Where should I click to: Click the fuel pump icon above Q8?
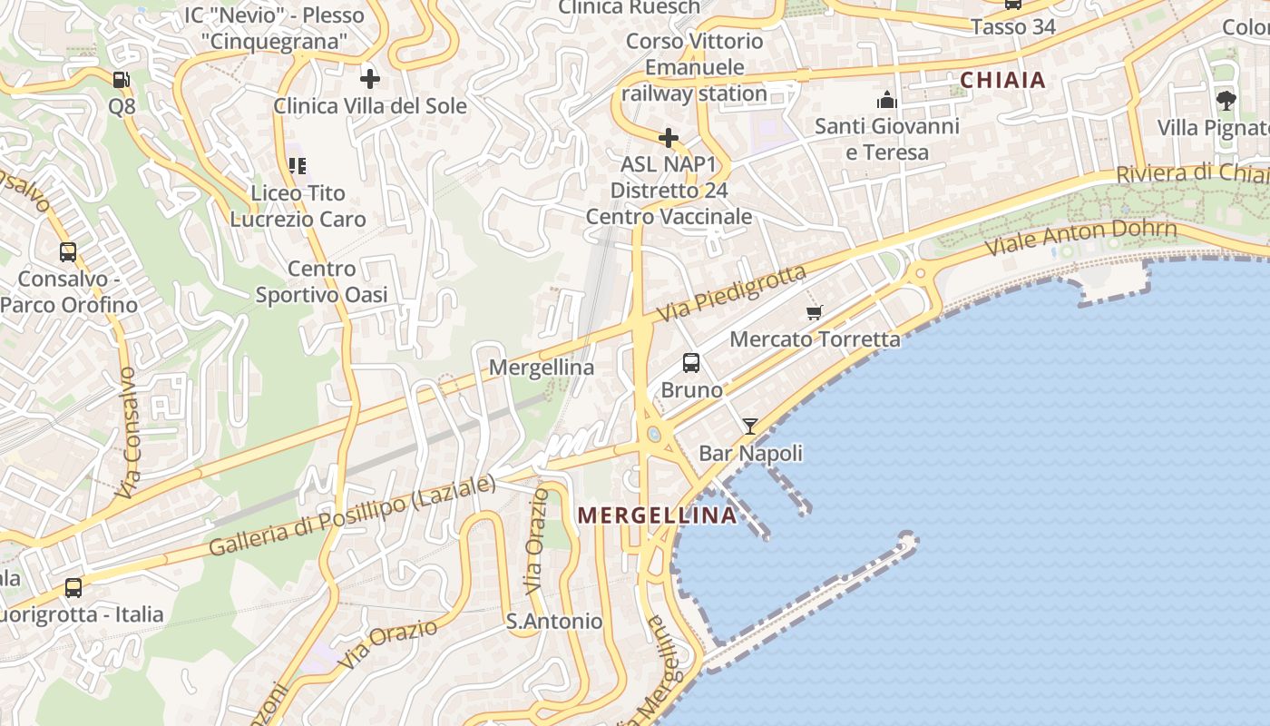point(122,80)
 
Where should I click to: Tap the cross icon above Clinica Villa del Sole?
point(370,78)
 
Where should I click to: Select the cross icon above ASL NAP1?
point(669,138)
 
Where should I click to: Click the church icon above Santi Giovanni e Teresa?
point(886,100)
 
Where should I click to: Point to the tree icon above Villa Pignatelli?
point(1226,100)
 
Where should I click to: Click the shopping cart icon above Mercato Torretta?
point(815,312)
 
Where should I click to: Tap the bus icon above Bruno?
point(691,363)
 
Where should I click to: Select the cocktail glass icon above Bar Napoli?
point(750,426)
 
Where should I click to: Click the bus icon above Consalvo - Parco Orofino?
point(68,251)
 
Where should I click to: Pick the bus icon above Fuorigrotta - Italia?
point(73,587)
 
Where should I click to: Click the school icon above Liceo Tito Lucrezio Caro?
point(298,166)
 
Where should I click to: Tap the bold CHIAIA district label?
point(1003,80)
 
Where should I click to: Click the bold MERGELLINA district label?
point(658,515)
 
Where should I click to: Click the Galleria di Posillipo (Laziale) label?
point(353,515)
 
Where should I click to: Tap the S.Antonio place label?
point(554,622)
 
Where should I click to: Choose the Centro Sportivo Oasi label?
point(322,281)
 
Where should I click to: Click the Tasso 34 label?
point(1013,27)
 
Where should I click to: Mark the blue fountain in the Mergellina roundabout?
point(654,435)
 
